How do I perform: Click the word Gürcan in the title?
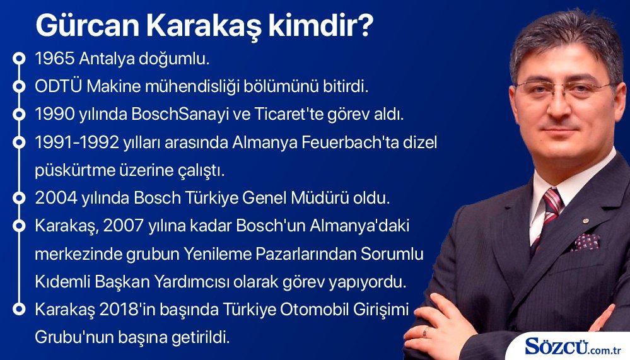[x=87, y=25]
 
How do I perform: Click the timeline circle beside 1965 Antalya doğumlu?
[x=19, y=59]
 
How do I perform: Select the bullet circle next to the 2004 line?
[x=19, y=198]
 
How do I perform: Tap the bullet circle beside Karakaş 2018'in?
[x=19, y=310]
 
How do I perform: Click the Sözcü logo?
[x=573, y=346]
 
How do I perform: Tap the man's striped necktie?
[x=548, y=215]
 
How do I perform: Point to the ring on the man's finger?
[x=426, y=332]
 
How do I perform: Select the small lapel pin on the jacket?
[x=586, y=221]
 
